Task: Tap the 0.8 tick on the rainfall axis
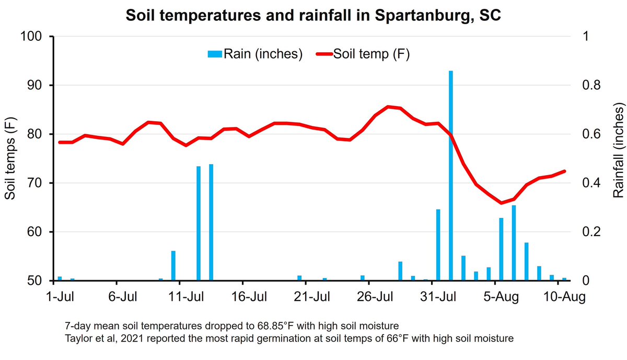coord(591,85)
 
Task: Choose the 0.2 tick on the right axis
coord(591,232)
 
